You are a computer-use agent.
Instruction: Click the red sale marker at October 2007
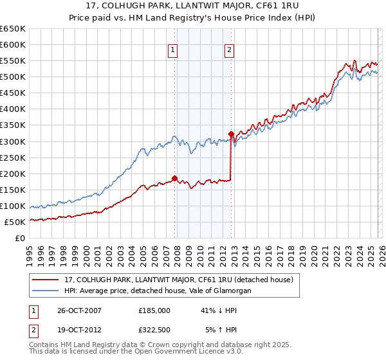coord(174,178)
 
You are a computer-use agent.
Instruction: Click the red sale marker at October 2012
coord(231,134)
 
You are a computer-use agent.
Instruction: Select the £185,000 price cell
coord(154,310)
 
